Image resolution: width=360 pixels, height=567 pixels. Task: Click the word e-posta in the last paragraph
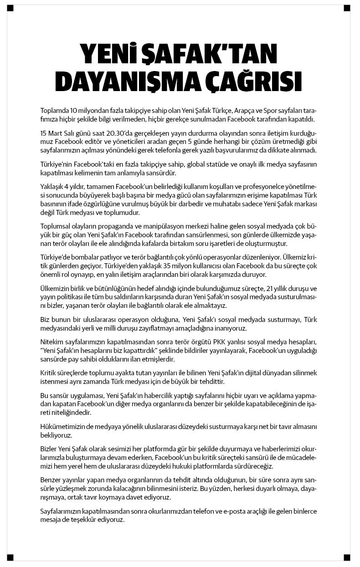(234, 511)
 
